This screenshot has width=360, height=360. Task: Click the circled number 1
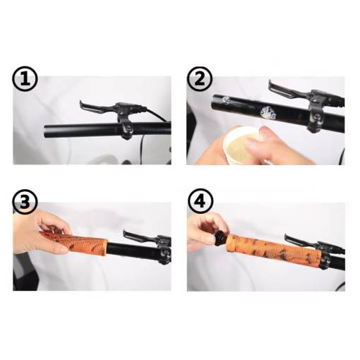tap(25, 79)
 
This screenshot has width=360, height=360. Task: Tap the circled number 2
tap(200, 79)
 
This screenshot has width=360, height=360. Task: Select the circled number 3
tap(25, 202)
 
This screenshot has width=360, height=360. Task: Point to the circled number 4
tap(200, 202)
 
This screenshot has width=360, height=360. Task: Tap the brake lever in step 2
tap(289, 91)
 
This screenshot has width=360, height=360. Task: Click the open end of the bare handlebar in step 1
tap(45, 132)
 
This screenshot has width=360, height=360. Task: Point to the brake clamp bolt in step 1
tap(128, 128)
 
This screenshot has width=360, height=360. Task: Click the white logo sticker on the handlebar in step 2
tap(268, 112)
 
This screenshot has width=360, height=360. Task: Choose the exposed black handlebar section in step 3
tap(134, 251)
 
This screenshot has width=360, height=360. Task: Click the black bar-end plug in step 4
tap(221, 239)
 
